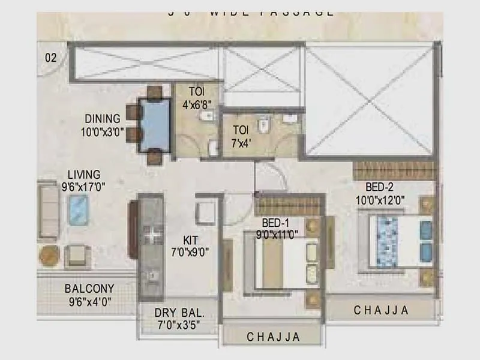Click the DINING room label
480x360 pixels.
102,119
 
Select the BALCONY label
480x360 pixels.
89,289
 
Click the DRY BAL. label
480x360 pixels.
179,313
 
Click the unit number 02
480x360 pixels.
50,58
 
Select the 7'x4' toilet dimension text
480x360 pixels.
241,143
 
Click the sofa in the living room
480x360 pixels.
48,211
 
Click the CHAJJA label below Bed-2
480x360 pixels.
381,310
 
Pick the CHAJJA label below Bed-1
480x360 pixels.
273,337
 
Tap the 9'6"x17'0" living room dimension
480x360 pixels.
83,187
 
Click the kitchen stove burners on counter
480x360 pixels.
153,233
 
